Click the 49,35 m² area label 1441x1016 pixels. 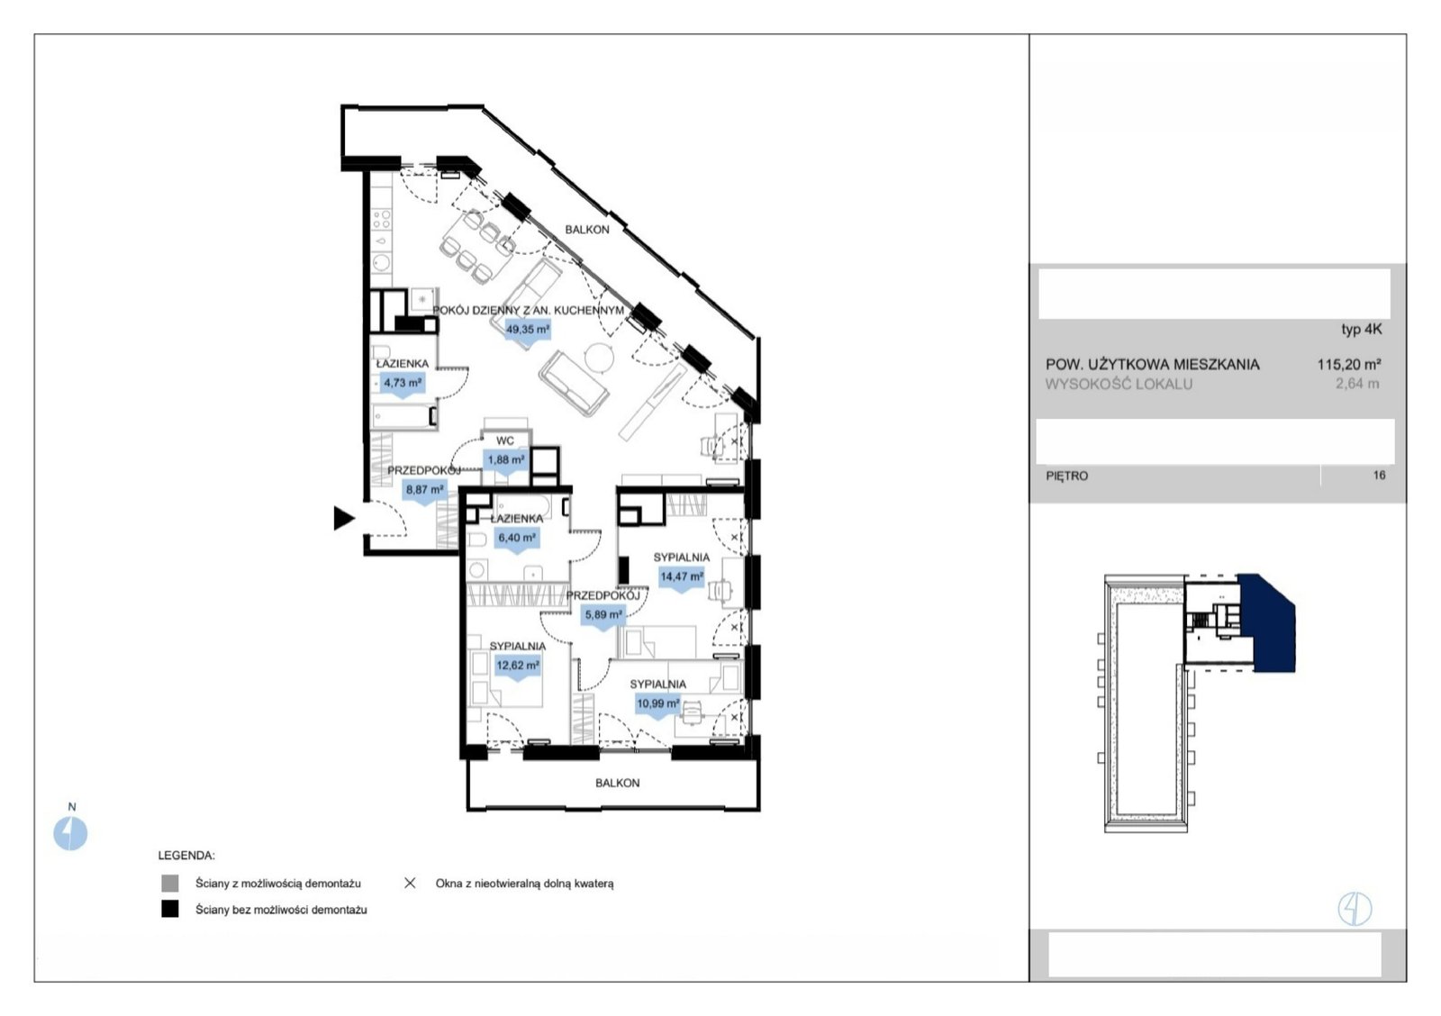pos(528,330)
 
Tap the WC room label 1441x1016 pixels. pos(505,440)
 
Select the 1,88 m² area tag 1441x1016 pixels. pos(505,460)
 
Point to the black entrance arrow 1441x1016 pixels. pos(344,519)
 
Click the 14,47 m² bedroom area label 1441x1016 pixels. pos(682,576)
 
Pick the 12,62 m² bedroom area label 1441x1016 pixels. pos(518,666)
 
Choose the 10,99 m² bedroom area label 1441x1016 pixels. pos(658,703)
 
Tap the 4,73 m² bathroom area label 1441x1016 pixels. pos(403,383)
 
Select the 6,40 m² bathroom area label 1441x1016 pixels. pos(517,538)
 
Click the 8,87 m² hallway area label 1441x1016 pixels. pos(424,490)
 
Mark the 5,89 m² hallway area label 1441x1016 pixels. pos(603,614)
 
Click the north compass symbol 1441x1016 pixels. pos(70,832)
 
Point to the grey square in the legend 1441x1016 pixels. pos(170,883)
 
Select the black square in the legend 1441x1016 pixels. pos(170,909)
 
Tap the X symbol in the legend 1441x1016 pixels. pos(409,883)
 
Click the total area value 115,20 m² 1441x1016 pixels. pos(1349,364)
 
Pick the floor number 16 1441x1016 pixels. pos(1379,475)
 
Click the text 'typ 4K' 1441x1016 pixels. pos(1361,329)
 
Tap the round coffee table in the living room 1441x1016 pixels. pos(599,358)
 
